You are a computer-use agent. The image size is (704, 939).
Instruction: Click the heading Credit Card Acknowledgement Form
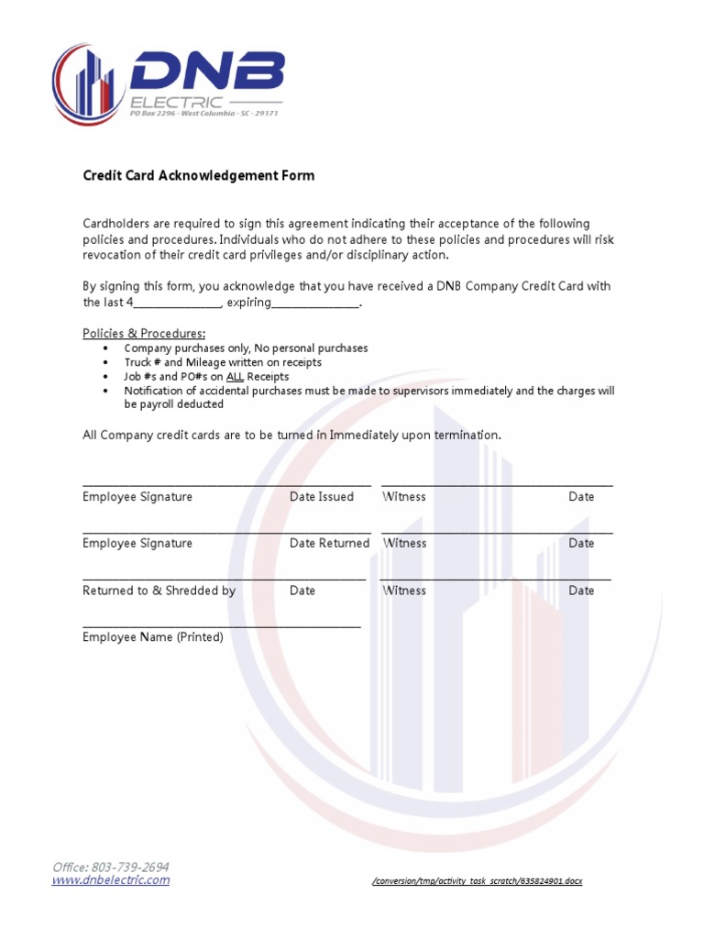click(198, 175)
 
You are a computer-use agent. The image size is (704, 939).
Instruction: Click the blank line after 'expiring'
click(315, 304)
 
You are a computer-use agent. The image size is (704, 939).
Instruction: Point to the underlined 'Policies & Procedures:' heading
click(144, 333)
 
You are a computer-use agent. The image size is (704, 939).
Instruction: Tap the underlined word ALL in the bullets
click(235, 377)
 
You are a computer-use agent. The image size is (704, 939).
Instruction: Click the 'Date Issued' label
click(322, 497)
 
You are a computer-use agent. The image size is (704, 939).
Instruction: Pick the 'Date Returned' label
click(329, 544)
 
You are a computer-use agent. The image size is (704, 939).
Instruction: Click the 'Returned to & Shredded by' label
click(159, 591)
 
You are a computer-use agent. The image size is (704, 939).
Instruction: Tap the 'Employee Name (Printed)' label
click(153, 637)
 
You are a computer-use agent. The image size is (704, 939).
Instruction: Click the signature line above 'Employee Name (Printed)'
click(222, 626)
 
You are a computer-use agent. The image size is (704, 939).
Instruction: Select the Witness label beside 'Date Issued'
click(404, 497)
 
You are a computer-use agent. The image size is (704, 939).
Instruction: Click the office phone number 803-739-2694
click(128, 867)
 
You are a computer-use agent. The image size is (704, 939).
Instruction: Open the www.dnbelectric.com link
click(111, 880)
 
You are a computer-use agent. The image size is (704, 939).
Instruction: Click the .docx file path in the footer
click(477, 881)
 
